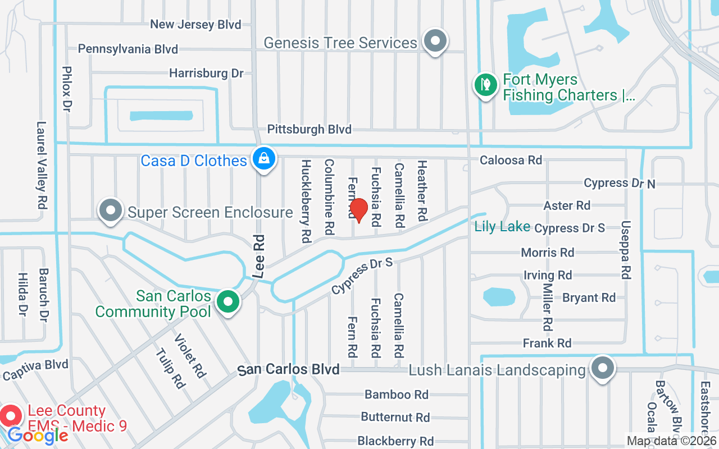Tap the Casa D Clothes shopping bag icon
coord(263,159)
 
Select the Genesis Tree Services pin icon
coord(434,41)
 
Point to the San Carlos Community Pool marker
coord(227,301)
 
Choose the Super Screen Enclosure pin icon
coord(111,210)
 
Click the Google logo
coord(38,436)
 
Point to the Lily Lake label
coord(502,227)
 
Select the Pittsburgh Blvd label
coord(309,130)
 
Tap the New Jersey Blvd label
coord(195,25)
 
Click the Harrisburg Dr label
coord(206,74)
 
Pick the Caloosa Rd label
coord(511,161)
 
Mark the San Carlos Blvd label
coord(289,370)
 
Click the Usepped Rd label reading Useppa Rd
coord(626,250)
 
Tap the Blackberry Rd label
coord(395,441)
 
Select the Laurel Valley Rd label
coord(42,166)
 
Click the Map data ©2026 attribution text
coord(671,441)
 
